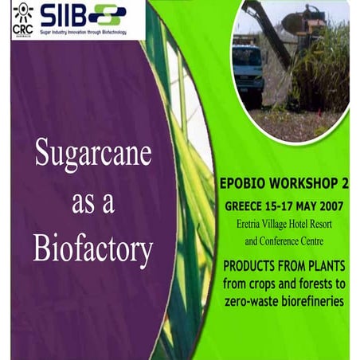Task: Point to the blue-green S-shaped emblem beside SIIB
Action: [108, 14]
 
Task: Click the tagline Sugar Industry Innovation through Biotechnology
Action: [84, 33]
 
